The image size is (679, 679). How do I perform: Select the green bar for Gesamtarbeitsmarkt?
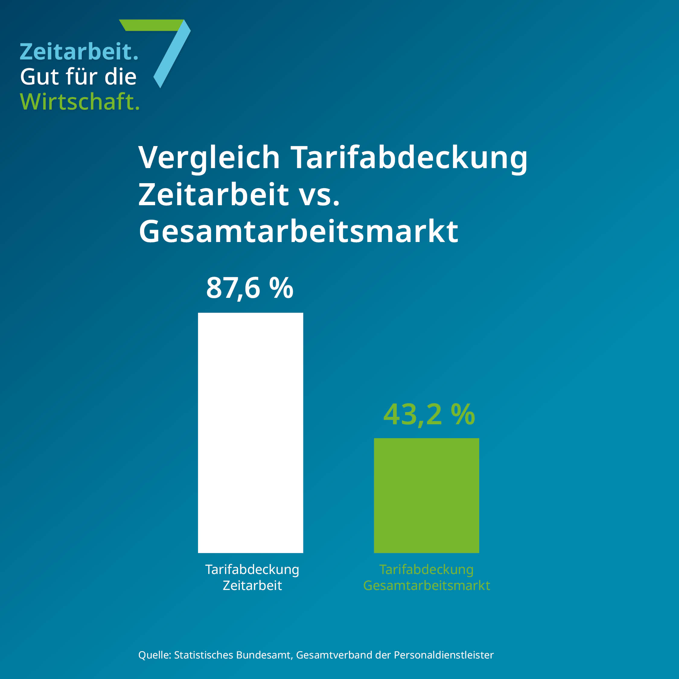pyautogui.click(x=426, y=495)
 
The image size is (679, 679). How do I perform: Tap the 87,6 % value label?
pyautogui.click(x=250, y=288)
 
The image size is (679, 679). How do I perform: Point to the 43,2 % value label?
pyautogui.click(x=429, y=415)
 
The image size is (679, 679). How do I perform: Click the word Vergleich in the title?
pyautogui.click(x=209, y=158)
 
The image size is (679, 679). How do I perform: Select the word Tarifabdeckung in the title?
pyautogui.click(x=409, y=158)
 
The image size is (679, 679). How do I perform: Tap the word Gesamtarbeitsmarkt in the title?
pyautogui.click(x=298, y=231)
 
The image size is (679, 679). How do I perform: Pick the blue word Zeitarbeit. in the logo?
pyautogui.click(x=79, y=52)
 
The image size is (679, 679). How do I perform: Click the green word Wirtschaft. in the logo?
pyautogui.click(x=80, y=102)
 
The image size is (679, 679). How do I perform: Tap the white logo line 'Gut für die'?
pyautogui.click(x=78, y=77)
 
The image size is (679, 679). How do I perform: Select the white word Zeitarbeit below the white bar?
pyautogui.click(x=252, y=585)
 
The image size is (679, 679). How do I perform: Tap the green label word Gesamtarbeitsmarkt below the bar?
pyautogui.click(x=426, y=585)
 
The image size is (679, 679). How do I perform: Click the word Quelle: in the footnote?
pyautogui.click(x=155, y=655)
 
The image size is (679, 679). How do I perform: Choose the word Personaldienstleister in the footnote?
pyautogui.click(x=444, y=655)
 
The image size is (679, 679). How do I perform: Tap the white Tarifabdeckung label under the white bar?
pyautogui.click(x=252, y=569)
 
